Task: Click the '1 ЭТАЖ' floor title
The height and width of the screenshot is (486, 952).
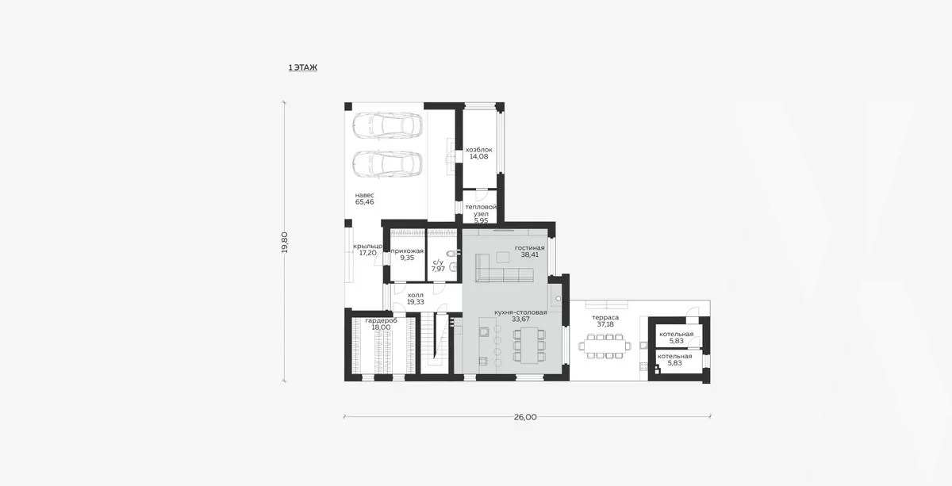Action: pyautogui.click(x=302, y=67)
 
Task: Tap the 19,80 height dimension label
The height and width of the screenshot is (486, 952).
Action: pyautogui.click(x=285, y=243)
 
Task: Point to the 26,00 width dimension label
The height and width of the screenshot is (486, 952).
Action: pyautogui.click(x=525, y=417)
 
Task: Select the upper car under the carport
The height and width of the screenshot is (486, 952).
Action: pyautogui.click(x=388, y=126)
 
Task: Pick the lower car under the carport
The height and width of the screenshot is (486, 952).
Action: pyautogui.click(x=388, y=164)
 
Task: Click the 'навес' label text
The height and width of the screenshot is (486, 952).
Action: pyautogui.click(x=365, y=195)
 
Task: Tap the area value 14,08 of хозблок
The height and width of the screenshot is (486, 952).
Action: pyautogui.click(x=478, y=156)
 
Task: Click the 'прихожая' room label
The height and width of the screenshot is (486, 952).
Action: pyautogui.click(x=407, y=251)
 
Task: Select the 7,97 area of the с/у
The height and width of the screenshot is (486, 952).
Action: pyautogui.click(x=438, y=269)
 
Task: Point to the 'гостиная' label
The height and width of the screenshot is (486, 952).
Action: pyautogui.click(x=530, y=247)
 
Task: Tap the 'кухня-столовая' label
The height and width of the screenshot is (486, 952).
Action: pyautogui.click(x=520, y=312)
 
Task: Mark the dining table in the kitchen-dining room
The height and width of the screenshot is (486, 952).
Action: pyautogui.click(x=529, y=346)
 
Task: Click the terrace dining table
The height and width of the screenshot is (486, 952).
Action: pyautogui.click(x=605, y=346)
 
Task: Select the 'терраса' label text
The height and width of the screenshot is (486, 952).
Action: pyautogui.click(x=605, y=317)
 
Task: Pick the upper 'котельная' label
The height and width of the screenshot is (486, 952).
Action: pyautogui.click(x=676, y=334)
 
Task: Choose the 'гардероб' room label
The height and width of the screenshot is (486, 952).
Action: pyautogui.click(x=382, y=320)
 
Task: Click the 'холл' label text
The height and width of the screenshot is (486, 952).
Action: pyautogui.click(x=415, y=295)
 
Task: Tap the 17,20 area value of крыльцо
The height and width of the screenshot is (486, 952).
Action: pyautogui.click(x=367, y=253)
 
